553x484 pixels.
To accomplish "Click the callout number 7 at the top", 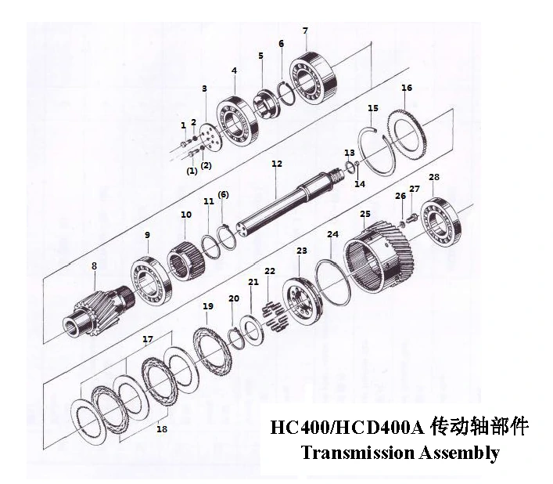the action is coord(305,31).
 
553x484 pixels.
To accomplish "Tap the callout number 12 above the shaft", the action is coord(277,164).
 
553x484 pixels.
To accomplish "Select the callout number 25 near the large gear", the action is coord(365,214).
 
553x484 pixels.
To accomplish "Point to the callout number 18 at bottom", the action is coord(162,429).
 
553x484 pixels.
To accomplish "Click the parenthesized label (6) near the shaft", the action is coord(223,194).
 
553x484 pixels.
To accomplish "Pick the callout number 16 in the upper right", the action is coord(407,88).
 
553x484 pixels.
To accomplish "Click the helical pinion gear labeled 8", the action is coord(99,312).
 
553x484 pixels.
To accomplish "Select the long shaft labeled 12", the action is coord(290,201).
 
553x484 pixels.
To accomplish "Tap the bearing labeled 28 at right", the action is coord(442,222).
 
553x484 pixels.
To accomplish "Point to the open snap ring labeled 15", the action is coord(377,151).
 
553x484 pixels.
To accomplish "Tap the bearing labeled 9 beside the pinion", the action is coord(152,281).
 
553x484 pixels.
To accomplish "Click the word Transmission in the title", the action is coord(358,453).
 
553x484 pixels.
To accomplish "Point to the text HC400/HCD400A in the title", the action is coord(347,427).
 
